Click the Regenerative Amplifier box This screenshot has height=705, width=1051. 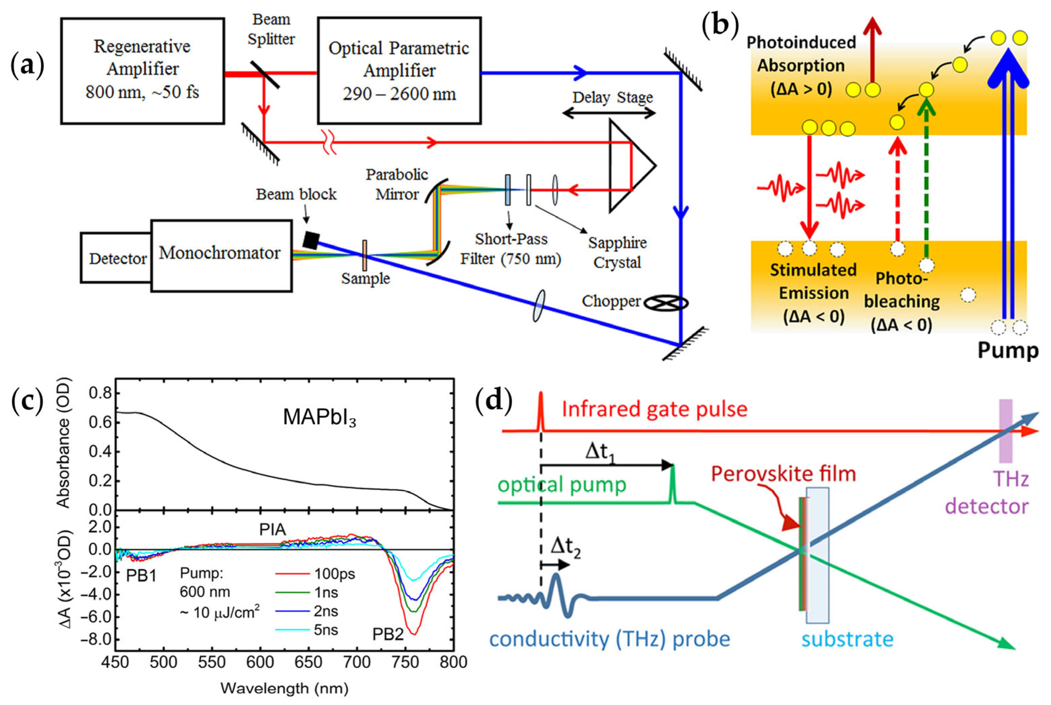tap(142, 71)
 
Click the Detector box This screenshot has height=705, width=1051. tap(117, 258)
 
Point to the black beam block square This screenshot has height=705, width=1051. tap(311, 240)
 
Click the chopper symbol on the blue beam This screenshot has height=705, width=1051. tap(666, 304)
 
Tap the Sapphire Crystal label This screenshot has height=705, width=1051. tap(617, 252)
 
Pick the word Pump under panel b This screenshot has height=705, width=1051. tap(1007, 350)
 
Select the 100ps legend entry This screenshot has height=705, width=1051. tap(315, 574)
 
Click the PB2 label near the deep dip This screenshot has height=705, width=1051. tap(387, 634)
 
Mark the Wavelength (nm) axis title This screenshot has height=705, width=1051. tap(284, 688)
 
